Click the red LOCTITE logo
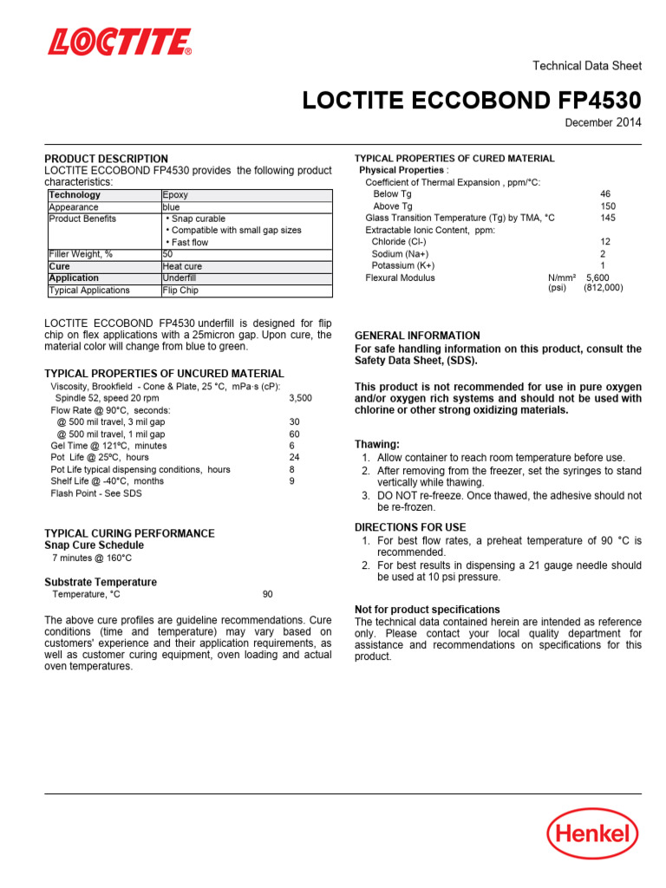pyautogui.click(x=120, y=42)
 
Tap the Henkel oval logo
pyautogui.click(x=592, y=834)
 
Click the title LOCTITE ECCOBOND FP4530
pyautogui.click(x=472, y=101)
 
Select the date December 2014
pyautogui.click(x=603, y=123)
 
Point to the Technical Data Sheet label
pyautogui.click(x=586, y=66)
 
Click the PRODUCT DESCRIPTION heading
pyautogui.click(x=107, y=159)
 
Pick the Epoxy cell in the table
pyautogui.click(x=176, y=195)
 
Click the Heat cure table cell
pyautogui.click(x=182, y=266)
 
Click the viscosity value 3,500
pyautogui.click(x=300, y=398)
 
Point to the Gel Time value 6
pyautogui.click(x=292, y=446)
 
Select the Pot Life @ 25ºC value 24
pyautogui.click(x=294, y=457)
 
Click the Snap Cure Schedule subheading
pyautogui.click(x=95, y=545)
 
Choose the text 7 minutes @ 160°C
pyautogui.click(x=92, y=558)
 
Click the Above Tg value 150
pyautogui.click(x=608, y=206)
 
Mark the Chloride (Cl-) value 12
pyautogui.click(x=605, y=242)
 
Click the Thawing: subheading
pyautogui.click(x=377, y=444)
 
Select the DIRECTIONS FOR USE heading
pyautogui.click(x=410, y=527)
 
